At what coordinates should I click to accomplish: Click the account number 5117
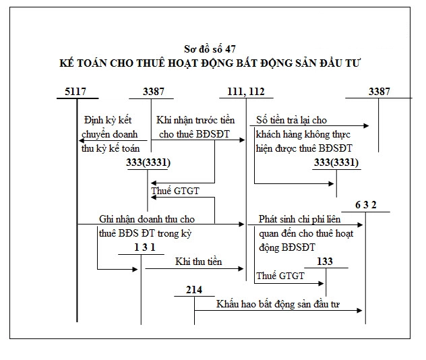tap(75, 91)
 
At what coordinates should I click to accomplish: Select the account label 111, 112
tap(246, 92)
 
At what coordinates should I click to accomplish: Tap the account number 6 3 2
tap(366, 205)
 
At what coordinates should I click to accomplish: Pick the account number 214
tap(194, 290)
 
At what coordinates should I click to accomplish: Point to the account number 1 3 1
tap(145, 247)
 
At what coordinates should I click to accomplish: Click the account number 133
tap(325, 262)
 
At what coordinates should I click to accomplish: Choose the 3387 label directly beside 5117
tap(154, 91)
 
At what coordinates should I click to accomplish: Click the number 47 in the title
tap(230, 49)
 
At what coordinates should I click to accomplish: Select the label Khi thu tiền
tap(199, 262)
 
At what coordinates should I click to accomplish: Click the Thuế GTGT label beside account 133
tap(280, 276)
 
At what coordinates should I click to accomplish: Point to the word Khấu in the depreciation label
tap(227, 304)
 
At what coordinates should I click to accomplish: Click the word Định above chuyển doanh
tap(94, 120)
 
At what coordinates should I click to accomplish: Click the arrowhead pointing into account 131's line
tap(135, 269)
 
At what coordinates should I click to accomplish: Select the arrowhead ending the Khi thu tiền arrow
tap(241, 269)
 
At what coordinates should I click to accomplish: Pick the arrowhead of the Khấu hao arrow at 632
tap(359, 310)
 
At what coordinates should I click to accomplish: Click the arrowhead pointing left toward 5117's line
tap(82, 140)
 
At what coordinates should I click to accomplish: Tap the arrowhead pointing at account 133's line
tap(321, 283)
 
